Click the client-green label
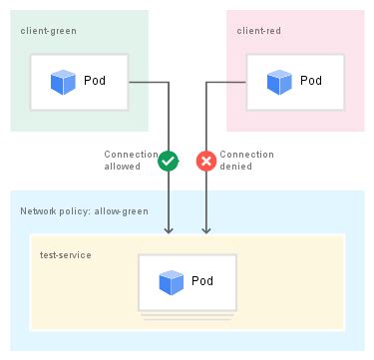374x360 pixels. coord(47,31)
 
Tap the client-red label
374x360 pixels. coord(258,31)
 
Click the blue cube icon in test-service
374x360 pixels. coord(172,281)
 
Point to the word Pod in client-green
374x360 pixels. coord(96,81)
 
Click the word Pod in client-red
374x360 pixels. coord(311,81)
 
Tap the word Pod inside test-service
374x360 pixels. coord(203,281)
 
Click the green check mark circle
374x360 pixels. coord(168,160)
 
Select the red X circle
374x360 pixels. coord(207,160)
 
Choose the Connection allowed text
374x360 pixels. coord(130,161)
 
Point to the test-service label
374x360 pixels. coord(66,255)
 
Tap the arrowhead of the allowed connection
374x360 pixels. coord(169,230)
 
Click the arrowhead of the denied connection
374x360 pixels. coord(207,230)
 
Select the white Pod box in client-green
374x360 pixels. coord(79,81)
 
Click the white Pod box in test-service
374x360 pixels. coord(187,281)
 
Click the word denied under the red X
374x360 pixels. coord(235,167)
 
